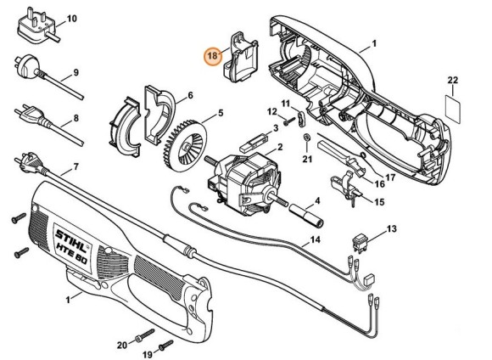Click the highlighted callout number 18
(x=212, y=56)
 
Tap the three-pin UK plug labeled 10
(x=37, y=26)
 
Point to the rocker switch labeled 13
(x=361, y=243)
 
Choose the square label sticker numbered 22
(x=453, y=110)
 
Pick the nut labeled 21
(x=307, y=138)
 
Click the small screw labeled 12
(x=289, y=121)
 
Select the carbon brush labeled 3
(x=254, y=142)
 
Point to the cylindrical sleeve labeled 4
(x=307, y=216)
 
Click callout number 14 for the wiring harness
(x=315, y=239)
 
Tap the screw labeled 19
(x=165, y=346)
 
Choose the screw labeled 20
(x=145, y=335)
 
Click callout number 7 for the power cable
(x=75, y=166)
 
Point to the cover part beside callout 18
(x=241, y=57)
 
